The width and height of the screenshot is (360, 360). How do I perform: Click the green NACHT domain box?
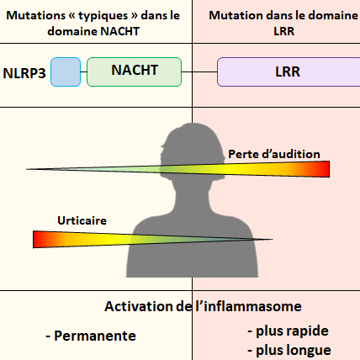tap(135, 71)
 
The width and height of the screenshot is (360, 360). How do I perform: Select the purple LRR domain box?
tap(289, 71)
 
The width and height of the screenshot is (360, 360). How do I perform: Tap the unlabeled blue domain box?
tap(66, 71)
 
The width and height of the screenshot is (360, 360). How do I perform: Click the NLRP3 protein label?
tap(24, 73)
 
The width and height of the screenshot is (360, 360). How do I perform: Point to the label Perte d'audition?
tap(274, 154)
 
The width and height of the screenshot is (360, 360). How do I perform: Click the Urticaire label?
tap(82, 220)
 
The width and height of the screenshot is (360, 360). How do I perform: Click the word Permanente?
tap(95, 336)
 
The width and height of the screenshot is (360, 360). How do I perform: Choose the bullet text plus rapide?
tap(292, 331)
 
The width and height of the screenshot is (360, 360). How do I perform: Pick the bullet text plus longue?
tap(294, 350)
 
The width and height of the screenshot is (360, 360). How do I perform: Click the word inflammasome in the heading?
tap(252, 306)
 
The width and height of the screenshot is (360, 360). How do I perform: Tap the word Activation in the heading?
tap(139, 306)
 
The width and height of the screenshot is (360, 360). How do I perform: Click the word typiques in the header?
tap(104, 16)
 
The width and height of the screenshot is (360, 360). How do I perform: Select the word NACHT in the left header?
tap(120, 31)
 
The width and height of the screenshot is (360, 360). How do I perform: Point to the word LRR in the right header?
tap(284, 31)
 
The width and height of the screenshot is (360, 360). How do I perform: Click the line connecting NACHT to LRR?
tap(199, 71)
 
